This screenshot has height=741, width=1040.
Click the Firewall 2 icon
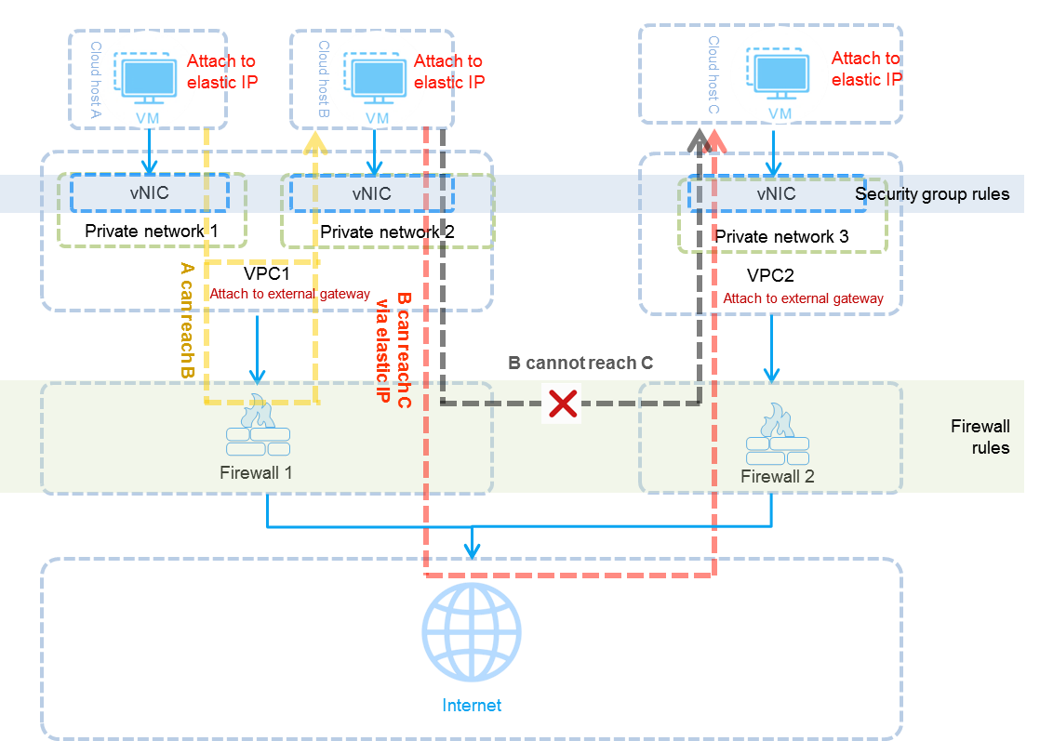coord(777,436)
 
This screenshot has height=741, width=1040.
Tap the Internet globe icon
coord(471,632)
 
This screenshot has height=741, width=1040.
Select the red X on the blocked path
coord(562,404)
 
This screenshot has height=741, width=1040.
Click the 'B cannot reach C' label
coord(580,363)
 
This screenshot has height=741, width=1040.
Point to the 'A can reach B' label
coord(187,320)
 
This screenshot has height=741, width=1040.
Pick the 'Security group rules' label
coord(932,194)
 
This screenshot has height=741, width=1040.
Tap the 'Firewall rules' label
coord(980,437)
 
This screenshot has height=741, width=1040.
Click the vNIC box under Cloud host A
coord(149,193)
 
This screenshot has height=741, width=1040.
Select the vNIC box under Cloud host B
coord(371,193)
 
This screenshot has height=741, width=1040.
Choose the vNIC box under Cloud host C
coord(776,193)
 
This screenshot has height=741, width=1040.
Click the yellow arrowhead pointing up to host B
coord(316,142)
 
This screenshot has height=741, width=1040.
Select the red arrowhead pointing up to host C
coord(715,140)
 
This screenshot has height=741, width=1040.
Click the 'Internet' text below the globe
coord(471,706)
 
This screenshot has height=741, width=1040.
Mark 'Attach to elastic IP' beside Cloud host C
coord(866,69)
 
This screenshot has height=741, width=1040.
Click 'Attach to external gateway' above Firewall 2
coord(803,298)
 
